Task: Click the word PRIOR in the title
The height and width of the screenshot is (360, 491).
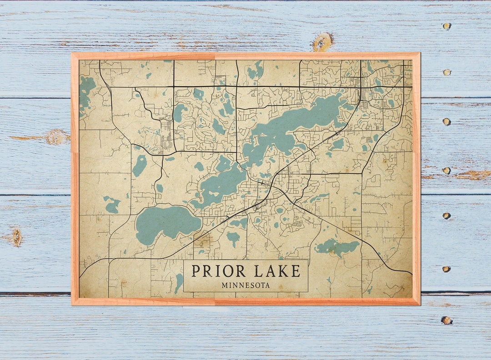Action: [x=218, y=271]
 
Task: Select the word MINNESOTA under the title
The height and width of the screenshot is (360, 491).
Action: [x=245, y=285]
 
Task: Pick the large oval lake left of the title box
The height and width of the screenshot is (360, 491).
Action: [x=167, y=223]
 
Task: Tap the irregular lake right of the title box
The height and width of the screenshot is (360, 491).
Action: [x=337, y=247]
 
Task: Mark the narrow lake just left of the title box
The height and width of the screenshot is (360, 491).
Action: [x=179, y=283]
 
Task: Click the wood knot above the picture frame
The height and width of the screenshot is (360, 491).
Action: [x=322, y=42]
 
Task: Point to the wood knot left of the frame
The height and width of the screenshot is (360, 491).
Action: [x=55, y=137]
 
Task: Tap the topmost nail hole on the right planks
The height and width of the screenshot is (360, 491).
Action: [x=446, y=26]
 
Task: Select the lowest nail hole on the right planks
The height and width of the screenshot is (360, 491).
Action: [x=446, y=320]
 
